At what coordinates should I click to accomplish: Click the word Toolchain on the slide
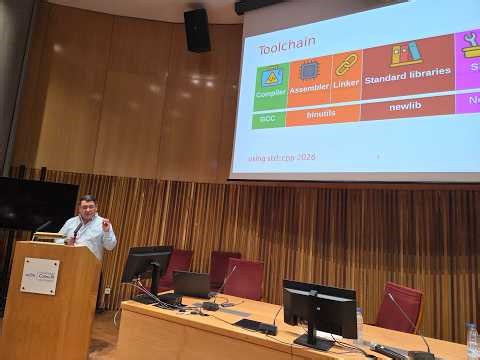288,48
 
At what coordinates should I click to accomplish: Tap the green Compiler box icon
271,78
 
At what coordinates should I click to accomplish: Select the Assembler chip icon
309,71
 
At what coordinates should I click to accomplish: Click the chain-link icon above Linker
346,65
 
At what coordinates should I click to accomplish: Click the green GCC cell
268,118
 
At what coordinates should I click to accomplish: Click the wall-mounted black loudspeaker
197,30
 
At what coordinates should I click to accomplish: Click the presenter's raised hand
105,225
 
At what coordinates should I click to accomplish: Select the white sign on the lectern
40,276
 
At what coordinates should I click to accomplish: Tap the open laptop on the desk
191,285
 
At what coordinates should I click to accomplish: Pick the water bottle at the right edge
472,340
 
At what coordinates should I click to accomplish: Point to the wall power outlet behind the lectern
107,292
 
